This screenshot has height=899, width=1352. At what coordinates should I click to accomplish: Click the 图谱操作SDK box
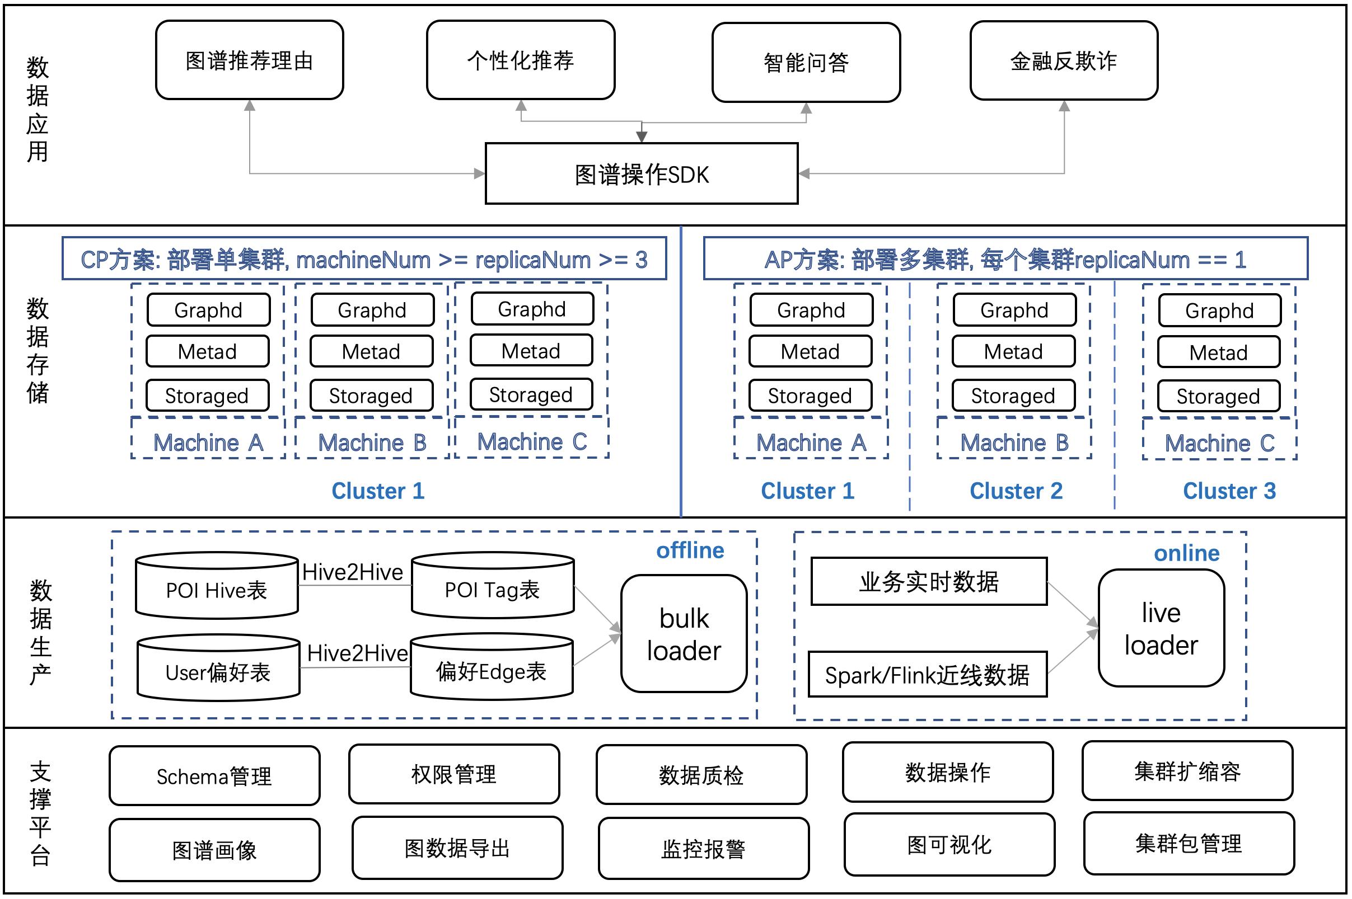pyautogui.click(x=642, y=174)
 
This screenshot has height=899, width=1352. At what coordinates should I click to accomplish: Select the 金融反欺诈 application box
pyautogui.click(x=1064, y=61)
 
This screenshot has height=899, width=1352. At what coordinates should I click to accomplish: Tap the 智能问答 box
pyautogui.click(x=806, y=63)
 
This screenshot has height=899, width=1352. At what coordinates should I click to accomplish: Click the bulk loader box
pyautogui.click(x=684, y=633)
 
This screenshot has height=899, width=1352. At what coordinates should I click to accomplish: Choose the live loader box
pyautogui.click(x=1161, y=628)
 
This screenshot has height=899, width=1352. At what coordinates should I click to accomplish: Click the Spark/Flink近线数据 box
pyautogui.click(x=928, y=674)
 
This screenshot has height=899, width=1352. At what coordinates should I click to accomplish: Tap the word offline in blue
pyautogui.click(x=690, y=550)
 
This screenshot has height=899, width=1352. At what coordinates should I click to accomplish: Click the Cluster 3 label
pyautogui.click(x=1229, y=491)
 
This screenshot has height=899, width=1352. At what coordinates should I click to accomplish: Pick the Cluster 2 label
pyautogui.click(x=1016, y=491)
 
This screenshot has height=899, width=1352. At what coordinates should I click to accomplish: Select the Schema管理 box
pyautogui.click(x=214, y=776)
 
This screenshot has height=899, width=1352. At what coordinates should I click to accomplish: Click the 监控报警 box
pyautogui.click(x=703, y=849)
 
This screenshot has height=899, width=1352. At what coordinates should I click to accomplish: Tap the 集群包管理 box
pyautogui.click(x=1189, y=844)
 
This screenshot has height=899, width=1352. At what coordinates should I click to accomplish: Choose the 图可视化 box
pyautogui.click(x=949, y=845)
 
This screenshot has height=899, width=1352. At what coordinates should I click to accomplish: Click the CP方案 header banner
pyautogui.click(x=364, y=259)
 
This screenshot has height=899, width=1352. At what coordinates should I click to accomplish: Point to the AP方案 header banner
pyautogui.click(x=1005, y=259)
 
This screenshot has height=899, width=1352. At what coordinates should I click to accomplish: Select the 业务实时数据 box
pyautogui.click(x=929, y=581)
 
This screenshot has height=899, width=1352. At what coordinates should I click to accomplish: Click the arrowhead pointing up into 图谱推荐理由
pyautogui.click(x=250, y=106)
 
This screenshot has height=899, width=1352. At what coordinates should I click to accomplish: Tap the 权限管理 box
pyautogui.click(x=453, y=774)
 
